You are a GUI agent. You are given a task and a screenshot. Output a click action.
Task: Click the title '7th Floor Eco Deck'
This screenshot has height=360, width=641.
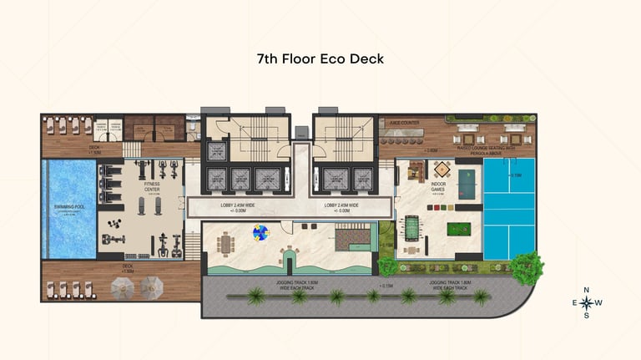point(320,59)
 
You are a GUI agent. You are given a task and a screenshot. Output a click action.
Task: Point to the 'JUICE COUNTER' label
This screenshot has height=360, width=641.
point(404,122)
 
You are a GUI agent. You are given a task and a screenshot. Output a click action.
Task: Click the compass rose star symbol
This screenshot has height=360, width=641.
point(586,302)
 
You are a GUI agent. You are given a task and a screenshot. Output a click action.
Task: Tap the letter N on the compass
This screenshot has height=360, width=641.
point(586,290)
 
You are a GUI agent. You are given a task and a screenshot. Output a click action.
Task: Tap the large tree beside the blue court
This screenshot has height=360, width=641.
point(527,267)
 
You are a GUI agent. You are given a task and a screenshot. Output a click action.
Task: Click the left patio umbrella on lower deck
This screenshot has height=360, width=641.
point(124,287)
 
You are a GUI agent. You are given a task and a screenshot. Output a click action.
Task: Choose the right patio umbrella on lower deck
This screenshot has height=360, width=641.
point(151,287)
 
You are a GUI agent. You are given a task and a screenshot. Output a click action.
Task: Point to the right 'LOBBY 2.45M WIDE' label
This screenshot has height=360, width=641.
point(341,205)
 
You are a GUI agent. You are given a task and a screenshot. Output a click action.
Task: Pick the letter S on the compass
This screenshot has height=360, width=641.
point(586,316)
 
